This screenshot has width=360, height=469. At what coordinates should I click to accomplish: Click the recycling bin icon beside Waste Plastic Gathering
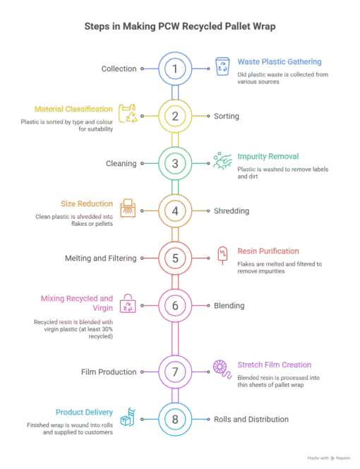pyautogui.click(x=222, y=66)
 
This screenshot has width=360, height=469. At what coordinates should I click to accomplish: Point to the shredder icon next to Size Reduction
pyautogui.click(x=128, y=208)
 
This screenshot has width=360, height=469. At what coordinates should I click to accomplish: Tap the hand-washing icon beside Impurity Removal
pyautogui.click(x=222, y=160)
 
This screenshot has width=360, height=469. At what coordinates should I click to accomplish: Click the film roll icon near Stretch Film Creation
pyautogui.click(x=222, y=369)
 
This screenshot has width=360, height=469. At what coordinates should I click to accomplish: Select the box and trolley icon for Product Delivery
pyautogui.click(x=128, y=417)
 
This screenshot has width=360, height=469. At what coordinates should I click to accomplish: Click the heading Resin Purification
pyautogui.click(x=268, y=251)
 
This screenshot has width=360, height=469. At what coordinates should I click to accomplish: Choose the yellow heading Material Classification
pyautogui.click(x=73, y=109)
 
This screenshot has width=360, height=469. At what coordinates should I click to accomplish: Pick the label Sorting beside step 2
pyautogui.click(x=227, y=116)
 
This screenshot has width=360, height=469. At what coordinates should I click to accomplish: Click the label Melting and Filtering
pyautogui.click(x=100, y=258)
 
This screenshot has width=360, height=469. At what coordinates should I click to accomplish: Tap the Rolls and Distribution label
pyautogui.click(x=251, y=420)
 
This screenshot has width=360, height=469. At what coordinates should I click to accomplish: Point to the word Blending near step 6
pyautogui.click(x=229, y=306)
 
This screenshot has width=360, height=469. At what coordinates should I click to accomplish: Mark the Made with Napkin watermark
pyautogui.click(x=329, y=458)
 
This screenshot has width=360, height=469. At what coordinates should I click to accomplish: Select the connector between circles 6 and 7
pyautogui.click(x=175, y=338)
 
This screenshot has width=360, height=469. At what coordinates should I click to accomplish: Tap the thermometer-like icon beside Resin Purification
pyautogui.click(x=222, y=256)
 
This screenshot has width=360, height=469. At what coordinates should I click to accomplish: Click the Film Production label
pyautogui.click(x=109, y=372)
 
